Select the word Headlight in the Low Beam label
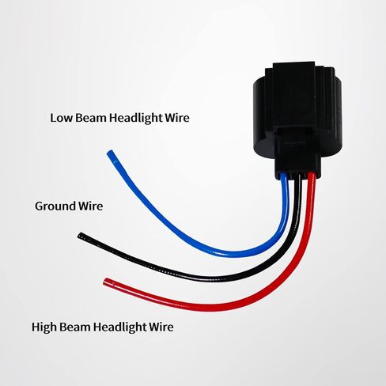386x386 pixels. coord(135,118)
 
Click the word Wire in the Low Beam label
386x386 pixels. coord(177,118)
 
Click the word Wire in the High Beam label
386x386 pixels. coord(161,327)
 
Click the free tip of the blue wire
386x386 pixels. coord(110,153)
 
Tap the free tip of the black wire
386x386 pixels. coord(80,235)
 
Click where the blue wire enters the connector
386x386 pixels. coord(284,176)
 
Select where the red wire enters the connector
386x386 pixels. coord(312,174)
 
